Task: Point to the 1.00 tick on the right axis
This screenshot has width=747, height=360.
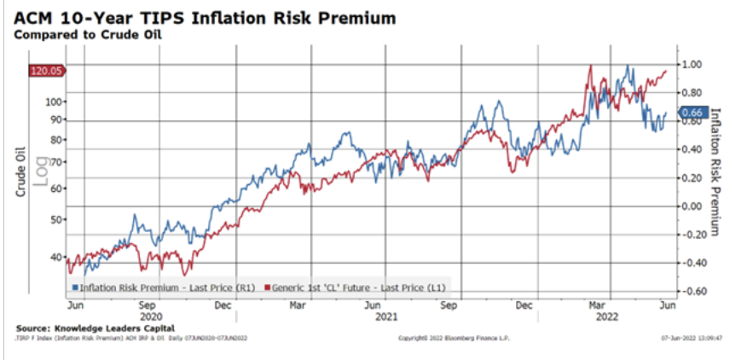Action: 692,64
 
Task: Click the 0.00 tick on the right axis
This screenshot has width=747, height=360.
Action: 692,206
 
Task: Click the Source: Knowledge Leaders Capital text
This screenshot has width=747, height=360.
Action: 95,328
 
